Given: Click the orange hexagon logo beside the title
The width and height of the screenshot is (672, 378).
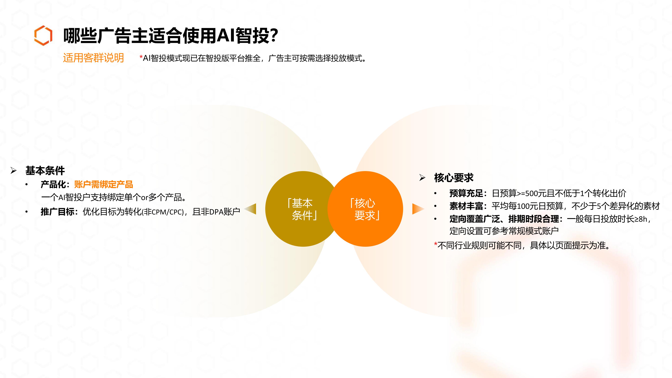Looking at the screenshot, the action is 43,35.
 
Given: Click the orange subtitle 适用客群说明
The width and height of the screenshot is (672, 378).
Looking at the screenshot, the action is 93,58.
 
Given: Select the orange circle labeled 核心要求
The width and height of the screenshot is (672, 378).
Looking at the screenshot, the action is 365,209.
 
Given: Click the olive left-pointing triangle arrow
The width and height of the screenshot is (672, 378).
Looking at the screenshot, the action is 251,209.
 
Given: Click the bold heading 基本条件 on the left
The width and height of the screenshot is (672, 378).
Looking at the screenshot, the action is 45,171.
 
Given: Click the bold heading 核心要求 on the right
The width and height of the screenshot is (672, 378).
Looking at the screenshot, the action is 454,178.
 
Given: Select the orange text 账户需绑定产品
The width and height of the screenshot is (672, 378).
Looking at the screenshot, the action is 104,184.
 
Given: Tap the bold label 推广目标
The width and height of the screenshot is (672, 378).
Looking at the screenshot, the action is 57,212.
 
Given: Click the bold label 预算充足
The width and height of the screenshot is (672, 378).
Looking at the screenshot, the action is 466,193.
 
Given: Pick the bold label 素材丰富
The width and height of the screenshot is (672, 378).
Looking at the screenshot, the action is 466,206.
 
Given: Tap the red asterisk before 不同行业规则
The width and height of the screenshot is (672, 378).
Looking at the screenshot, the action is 436,244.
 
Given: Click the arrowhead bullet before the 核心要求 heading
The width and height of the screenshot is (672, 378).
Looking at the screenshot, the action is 422,178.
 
